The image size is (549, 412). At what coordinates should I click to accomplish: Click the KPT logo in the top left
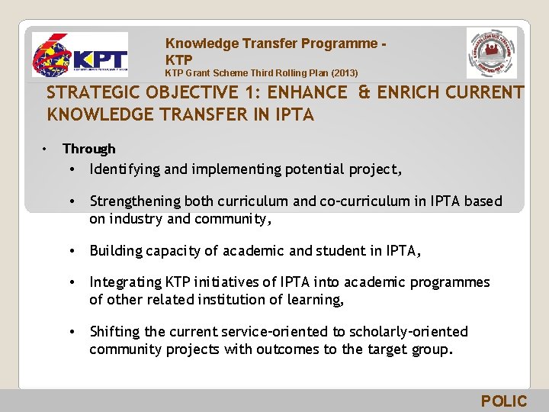[79, 56]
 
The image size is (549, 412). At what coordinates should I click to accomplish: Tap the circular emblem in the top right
[492, 54]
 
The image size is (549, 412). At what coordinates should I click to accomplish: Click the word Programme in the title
[342, 44]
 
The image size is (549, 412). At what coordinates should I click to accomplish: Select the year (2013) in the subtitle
[342, 73]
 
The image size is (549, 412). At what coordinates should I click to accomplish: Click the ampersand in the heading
[364, 93]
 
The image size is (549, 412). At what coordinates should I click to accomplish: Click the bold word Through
[89, 149]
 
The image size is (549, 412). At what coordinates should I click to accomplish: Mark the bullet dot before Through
[47, 148]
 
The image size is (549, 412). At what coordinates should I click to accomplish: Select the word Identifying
[124, 169]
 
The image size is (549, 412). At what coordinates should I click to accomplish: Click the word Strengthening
[133, 201]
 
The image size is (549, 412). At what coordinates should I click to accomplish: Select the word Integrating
[124, 282]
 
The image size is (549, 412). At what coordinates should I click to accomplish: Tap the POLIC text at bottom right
[503, 401]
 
